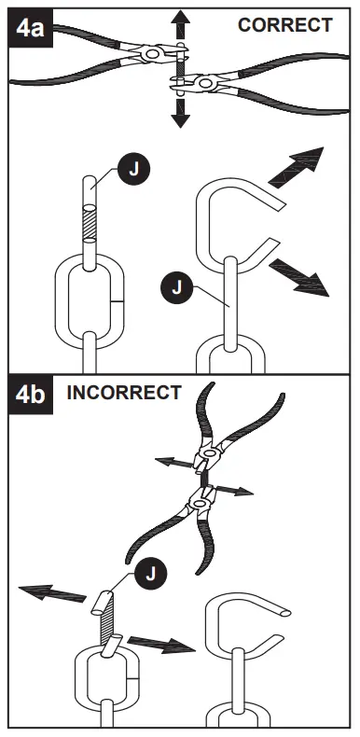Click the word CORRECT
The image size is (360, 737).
(x=284, y=25)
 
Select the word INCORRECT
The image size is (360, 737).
(x=124, y=393)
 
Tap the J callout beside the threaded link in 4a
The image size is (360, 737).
(x=129, y=170)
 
